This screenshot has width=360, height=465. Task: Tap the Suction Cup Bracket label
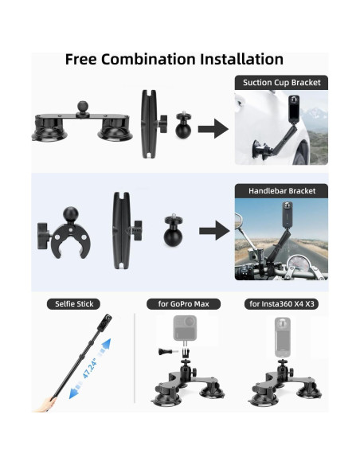pos(281,83)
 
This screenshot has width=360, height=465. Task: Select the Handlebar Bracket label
pos(282,190)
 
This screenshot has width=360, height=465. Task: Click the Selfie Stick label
pos(74,304)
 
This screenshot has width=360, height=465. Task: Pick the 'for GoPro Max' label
pos(183,304)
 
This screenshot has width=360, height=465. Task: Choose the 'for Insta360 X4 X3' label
pos(281,304)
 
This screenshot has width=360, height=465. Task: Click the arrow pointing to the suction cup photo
pos(213,129)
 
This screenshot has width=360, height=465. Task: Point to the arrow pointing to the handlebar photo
pos(214,230)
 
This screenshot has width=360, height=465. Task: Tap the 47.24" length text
pos(89,369)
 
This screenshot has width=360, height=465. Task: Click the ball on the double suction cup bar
pos(84,107)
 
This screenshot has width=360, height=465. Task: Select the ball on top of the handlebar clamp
pos(71,215)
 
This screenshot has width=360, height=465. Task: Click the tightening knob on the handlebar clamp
pos(43,236)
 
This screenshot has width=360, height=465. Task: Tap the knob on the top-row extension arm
pos(162,124)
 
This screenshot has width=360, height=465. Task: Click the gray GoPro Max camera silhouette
pos(185,328)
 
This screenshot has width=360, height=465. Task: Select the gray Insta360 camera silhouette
pos(282,337)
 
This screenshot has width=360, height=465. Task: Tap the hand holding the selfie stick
pos(45,404)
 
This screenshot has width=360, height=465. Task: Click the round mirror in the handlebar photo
pos(238,221)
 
